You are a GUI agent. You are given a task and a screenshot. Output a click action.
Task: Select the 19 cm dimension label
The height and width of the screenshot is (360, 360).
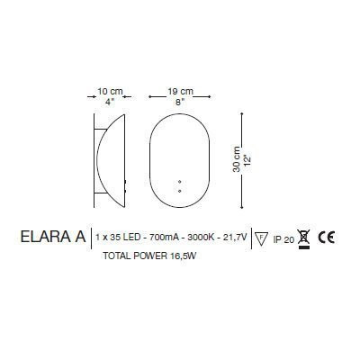click(180, 91)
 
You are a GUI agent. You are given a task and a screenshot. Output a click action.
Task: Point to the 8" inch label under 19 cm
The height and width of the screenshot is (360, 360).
click(180, 102)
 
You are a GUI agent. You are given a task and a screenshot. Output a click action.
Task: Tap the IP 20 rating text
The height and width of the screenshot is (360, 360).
click(283, 239)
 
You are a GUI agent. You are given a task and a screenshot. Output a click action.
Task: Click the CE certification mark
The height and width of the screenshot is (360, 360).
click(328, 238)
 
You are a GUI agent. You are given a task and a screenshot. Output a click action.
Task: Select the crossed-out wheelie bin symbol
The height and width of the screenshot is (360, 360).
click(304, 238)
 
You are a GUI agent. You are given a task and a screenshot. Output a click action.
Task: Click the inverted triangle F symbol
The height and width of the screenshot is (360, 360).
click(262, 238)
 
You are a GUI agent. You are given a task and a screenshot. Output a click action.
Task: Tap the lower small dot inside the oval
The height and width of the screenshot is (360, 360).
click(180, 191)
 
